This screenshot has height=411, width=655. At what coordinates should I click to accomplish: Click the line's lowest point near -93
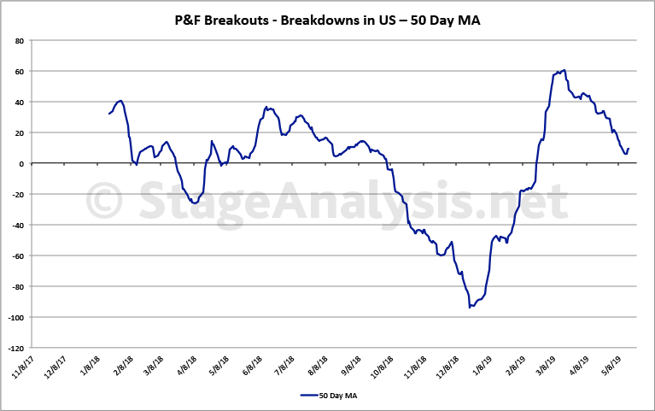tap(470, 307)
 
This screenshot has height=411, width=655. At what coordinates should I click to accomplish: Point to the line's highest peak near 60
tap(564, 70)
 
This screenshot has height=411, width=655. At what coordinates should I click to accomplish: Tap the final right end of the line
tap(629, 149)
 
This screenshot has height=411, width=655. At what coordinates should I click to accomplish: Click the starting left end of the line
tap(109, 114)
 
